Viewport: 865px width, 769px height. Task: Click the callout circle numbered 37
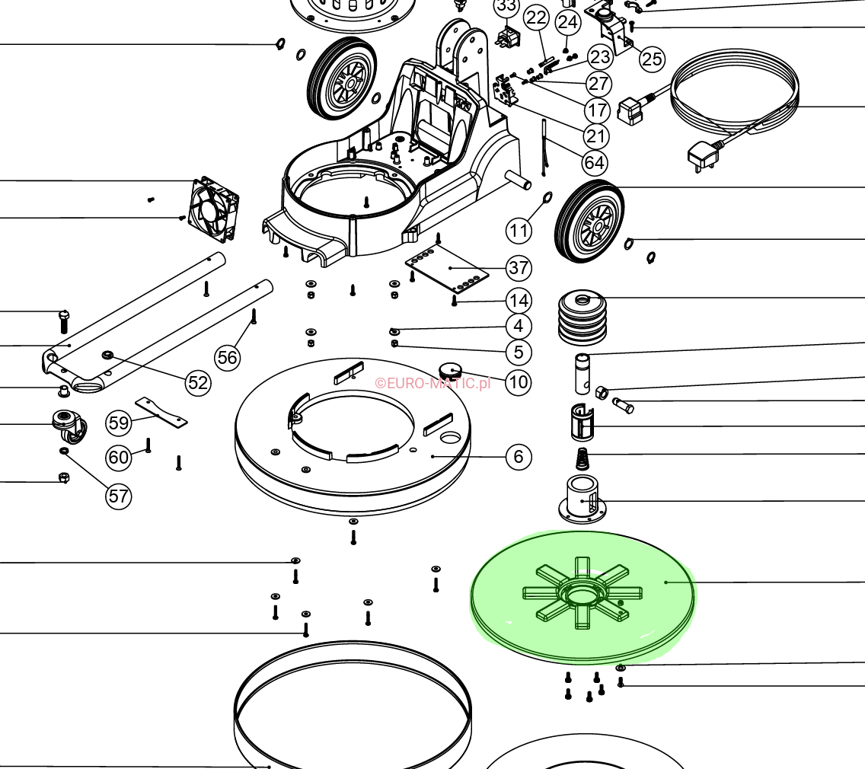[x=519, y=268]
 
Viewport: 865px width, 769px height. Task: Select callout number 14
[x=519, y=300]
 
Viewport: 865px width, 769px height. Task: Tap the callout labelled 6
[x=519, y=457]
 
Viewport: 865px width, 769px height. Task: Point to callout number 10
[x=519, y=381]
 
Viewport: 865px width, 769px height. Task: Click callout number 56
[x=227, y=356]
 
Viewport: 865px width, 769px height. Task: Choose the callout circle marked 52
[x=198, y=382]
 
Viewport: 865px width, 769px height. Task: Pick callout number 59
[x=119, y=421]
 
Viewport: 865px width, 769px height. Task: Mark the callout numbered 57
[x=119, y=496]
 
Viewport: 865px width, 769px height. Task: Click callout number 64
[x=595, y=162]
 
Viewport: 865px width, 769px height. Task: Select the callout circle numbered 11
[x=519, y=230]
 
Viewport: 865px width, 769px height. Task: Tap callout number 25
[x=652, y=59]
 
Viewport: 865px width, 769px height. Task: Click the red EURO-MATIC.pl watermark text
[x=432, y=383]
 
